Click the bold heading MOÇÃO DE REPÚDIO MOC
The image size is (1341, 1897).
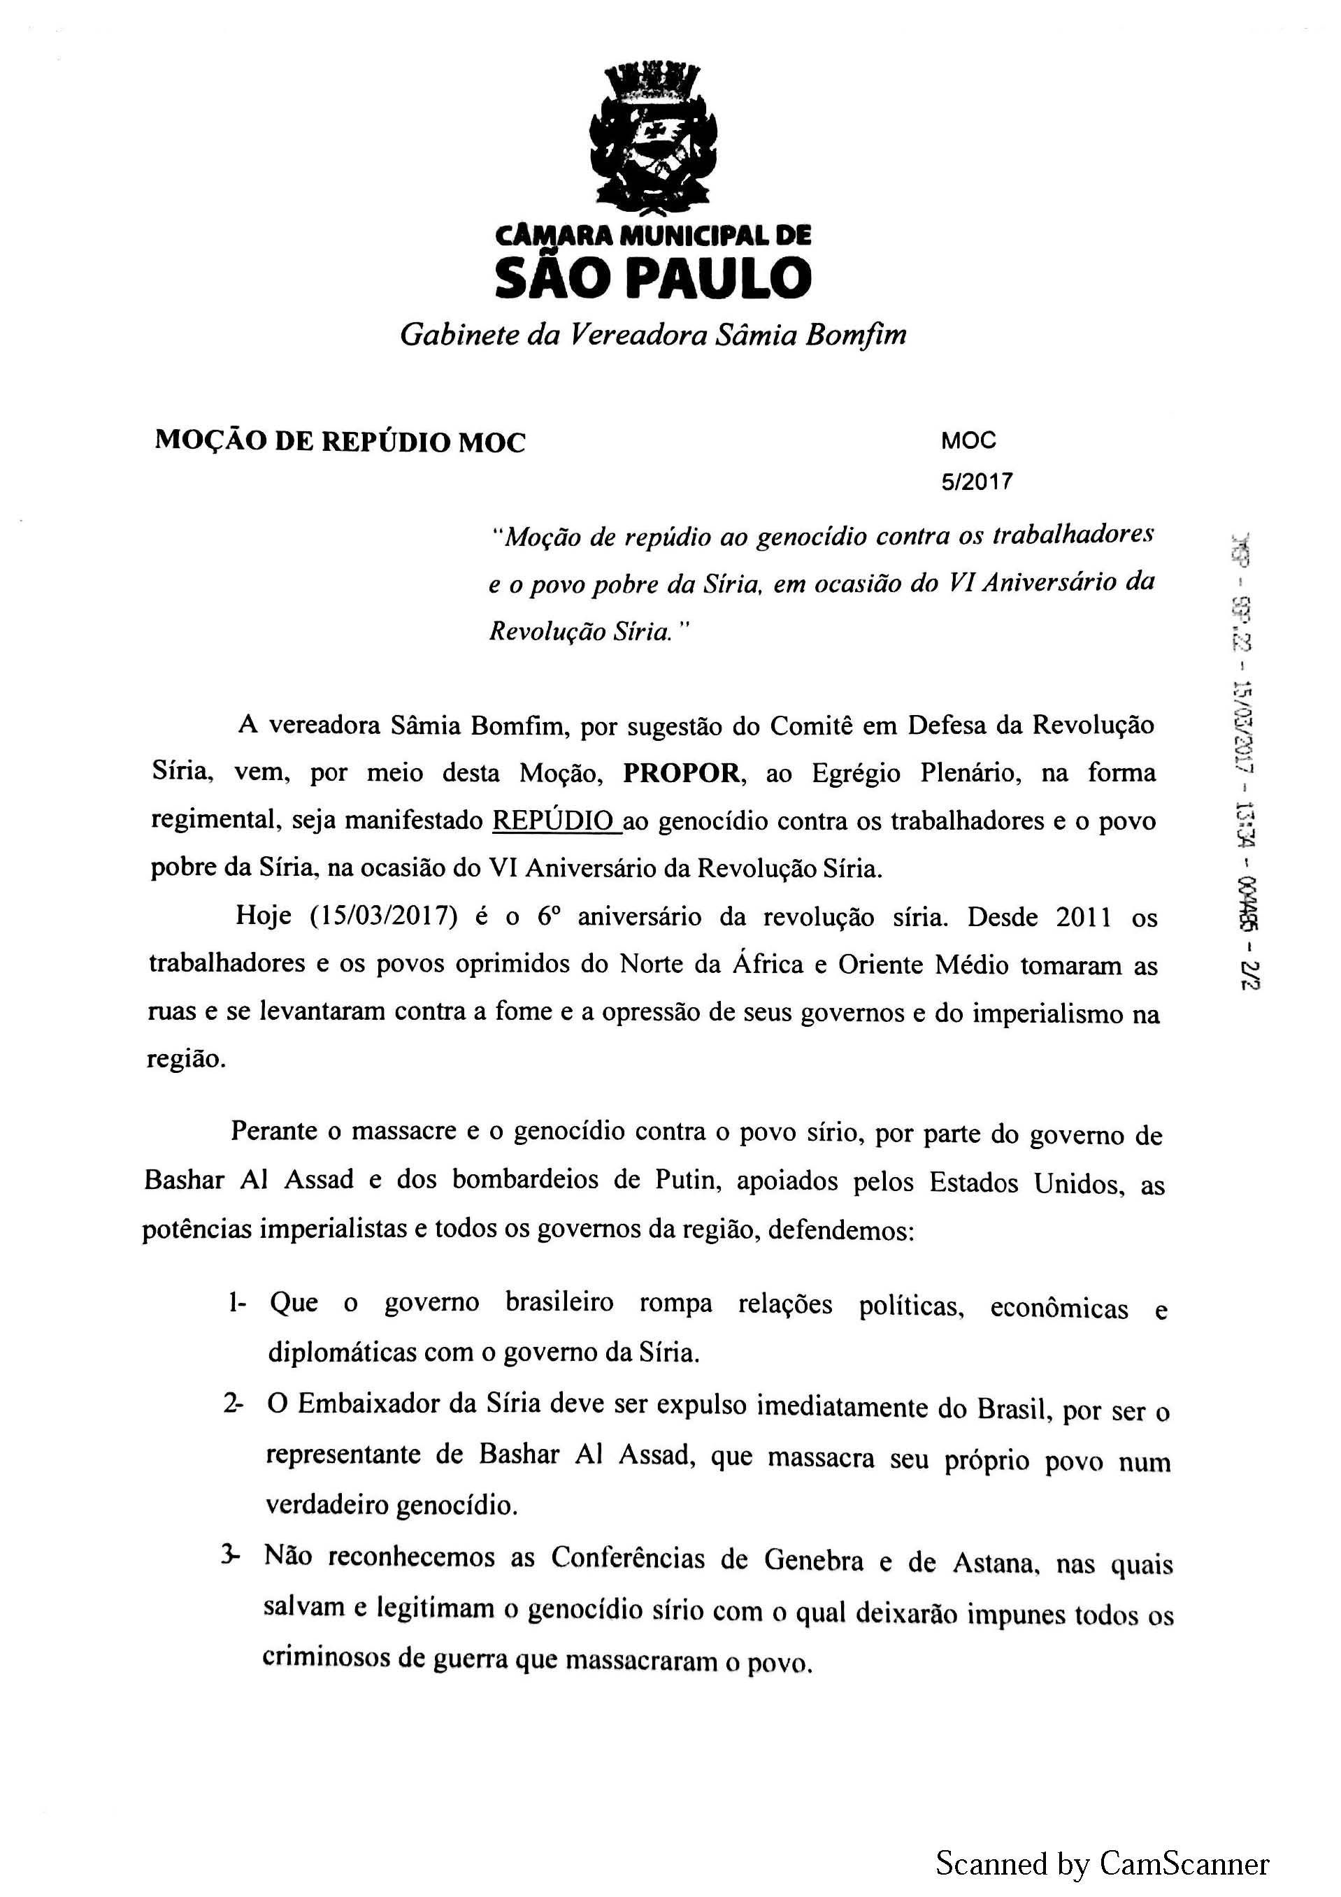coord(340,442)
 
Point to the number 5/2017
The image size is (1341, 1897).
coord(977,482)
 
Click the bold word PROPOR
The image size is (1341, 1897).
coord(681,773)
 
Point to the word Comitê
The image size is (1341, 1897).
coord(808,726)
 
